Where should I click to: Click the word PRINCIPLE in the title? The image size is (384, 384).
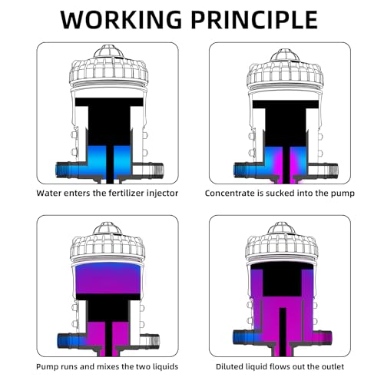pyautogui.click(x=255, y=19)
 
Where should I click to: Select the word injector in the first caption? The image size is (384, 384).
pyautogui.click(x=162, y=193)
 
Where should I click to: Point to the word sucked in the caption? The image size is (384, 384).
pyautogui.click(x=279, y=193)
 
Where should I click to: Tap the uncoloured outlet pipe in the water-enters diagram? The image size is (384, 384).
pyautogui.click(x=147, y=170)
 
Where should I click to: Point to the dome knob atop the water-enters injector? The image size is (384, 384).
pyautogui.click(x=109, y=52)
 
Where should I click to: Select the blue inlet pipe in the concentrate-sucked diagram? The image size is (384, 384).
pyautogui.click(x=246, y=170)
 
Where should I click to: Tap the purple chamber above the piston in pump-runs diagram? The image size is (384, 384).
pyautogui.click(x=108, y=279)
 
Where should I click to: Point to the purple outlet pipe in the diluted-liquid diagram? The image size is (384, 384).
pyautogui.click(x=323, y=337)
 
